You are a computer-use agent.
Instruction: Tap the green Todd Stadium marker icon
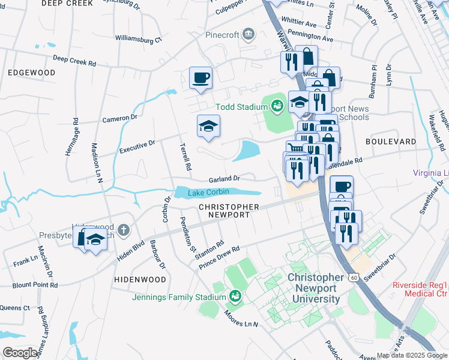tap(277, 107)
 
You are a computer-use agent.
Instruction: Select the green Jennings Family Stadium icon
tap(235, 296)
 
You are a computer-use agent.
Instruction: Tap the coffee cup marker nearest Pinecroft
tap(200, 77)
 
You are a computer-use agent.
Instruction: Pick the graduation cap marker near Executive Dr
tap(208, 126)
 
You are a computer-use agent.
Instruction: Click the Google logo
tap(20, 353)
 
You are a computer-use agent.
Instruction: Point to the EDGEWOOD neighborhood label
tap(31, 73)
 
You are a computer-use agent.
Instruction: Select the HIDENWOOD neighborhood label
tap(140, 280)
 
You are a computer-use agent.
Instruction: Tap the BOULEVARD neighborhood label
tap(391, 142)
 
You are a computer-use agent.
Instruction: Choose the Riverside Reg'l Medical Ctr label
tap(420, 289)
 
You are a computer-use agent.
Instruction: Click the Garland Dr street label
tap(224, 179)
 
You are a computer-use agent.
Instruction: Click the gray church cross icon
tap(123, 229)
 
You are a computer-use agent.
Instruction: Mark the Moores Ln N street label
tap(240, 319)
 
